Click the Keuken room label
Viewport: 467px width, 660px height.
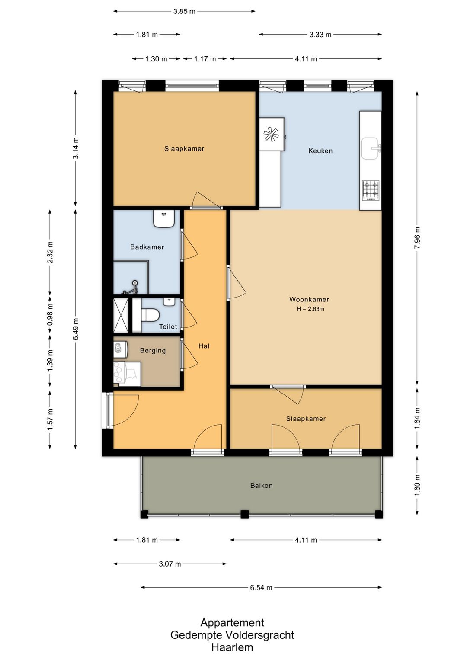(x=320, y=151)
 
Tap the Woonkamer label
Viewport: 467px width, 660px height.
(x=309, y=299)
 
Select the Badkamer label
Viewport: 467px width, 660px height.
(x=147, y=247)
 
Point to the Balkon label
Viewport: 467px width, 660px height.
(x=261, y=485)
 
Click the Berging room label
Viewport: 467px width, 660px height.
(x=153, y=351)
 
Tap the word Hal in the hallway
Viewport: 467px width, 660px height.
(x=204, y=346)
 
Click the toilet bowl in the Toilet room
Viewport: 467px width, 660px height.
(x=150, y=315)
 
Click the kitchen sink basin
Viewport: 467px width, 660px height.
(x=370, y=148)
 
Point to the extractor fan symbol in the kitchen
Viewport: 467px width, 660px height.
(x=271, y=135)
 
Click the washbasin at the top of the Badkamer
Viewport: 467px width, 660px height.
(x=164, y=218)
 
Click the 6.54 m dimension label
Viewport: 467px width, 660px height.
(x=261, y=587)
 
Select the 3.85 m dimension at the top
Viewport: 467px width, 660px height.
(x=184, y=12)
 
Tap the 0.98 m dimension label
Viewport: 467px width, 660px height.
(x=50, y=315)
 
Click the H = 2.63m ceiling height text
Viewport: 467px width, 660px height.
(x=310, y=309)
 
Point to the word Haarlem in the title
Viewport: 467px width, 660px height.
(x=232, y=647)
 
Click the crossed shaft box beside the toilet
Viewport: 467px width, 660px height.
(x=121, y=315)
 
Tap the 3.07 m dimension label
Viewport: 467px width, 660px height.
(x=170, y=564)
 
